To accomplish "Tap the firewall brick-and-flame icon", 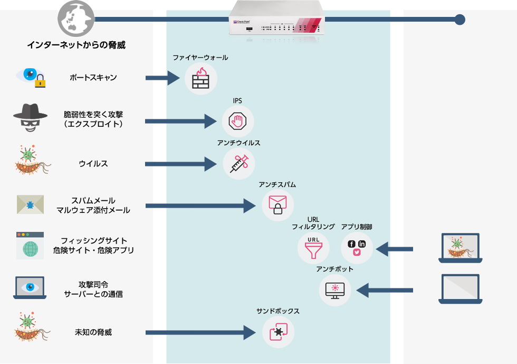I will click(200, 79).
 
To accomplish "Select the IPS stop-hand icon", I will click(237, 122).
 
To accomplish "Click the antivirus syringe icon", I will click(238, 163).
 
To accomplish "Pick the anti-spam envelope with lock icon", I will click(277, 205).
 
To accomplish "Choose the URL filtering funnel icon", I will click(313, 247).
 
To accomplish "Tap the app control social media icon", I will click(357, 247).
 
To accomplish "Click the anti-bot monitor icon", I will click(335, 290).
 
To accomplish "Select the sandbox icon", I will click(278, 332).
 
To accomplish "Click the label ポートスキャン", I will click(93, 78).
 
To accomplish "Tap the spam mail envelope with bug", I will click(30, 204).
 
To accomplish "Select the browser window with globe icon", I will click(30, 246).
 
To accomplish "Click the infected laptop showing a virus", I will click(460, 248).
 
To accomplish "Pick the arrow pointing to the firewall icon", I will click(163, 79).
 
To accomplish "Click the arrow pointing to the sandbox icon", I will click(200, 332).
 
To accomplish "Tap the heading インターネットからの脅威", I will click(76, 45).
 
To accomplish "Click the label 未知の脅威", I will click(93, 332).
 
